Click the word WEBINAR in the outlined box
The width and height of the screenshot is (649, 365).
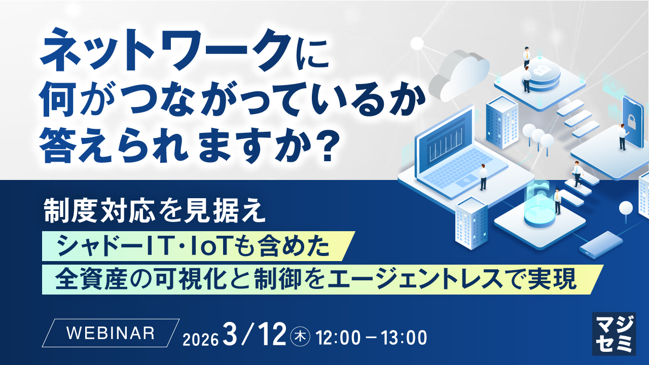click(x=111, y=333)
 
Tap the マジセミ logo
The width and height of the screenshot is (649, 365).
click(x=614, y=334)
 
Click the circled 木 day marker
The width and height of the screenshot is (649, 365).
click(x=300, y=337)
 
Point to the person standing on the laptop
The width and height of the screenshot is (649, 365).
click(x=483, y=177)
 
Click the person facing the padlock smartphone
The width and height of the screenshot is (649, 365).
click(x=622, y=137)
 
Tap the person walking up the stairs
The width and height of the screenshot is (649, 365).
click(x=577, y=174)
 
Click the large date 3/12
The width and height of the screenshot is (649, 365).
click(x=255, y=335)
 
